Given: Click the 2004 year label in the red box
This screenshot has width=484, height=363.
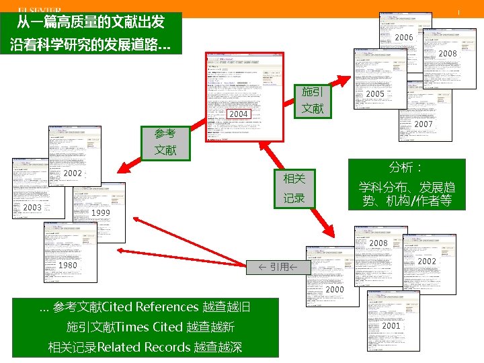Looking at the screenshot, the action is pyautogui.click(x=239, y=114).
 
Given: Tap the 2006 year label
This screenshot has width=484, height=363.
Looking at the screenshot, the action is pyautogui.click(x=404, y=38).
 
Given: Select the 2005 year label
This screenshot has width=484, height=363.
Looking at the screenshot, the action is pyautogui.click(x=375, y=95).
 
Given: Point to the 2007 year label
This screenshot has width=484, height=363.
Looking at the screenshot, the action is pyautogui.click(x=424, y=125).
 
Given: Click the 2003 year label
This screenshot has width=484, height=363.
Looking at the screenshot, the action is pyautogui.click(x=32, y=208).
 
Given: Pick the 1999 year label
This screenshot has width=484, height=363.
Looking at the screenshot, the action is pyautogui.click(x=100, y=213).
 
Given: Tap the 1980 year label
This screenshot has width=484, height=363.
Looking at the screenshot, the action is pyautogui.click(x=68, y=266).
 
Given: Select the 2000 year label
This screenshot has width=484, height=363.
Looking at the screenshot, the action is pyautogui.click(x=334, y=290).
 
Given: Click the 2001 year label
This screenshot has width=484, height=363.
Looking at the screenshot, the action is pyautogui.click(x=391, y=325).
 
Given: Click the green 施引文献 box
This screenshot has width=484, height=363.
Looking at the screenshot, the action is pyautogui.click(x=313, y=100).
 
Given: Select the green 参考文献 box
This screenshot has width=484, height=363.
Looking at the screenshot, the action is pyautogui.click(x=165, y=142).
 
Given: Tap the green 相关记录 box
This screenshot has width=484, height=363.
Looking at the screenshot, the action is pyautogui.click(x=294, y=188).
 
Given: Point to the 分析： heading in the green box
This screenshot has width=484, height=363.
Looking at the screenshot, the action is pyautogui.click(x=405, y=167).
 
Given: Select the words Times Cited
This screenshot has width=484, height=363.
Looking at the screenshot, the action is pyautogui.click(x=149, y=327).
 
